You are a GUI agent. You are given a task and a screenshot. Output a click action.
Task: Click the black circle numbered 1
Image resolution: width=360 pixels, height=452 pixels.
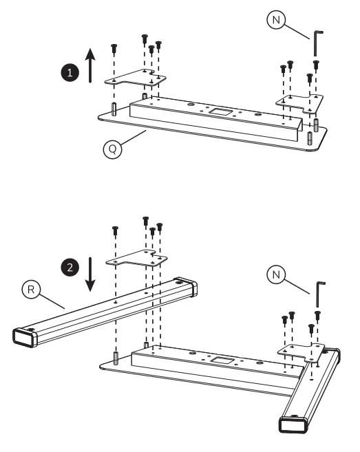[x=67, y=71]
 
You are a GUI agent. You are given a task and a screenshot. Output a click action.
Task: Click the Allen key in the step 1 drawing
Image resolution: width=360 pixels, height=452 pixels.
[x=317, y=43]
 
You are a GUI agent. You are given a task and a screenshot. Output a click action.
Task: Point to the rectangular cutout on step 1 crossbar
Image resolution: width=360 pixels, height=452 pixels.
[x=222, y=110]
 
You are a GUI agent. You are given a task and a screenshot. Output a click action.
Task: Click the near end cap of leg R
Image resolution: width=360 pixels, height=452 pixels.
[x=25, y=336]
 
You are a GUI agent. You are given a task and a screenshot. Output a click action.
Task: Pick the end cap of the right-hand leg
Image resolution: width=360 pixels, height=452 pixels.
[x=294, y=421]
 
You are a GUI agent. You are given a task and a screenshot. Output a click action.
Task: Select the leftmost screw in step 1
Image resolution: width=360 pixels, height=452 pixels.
[x=114, y=48]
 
